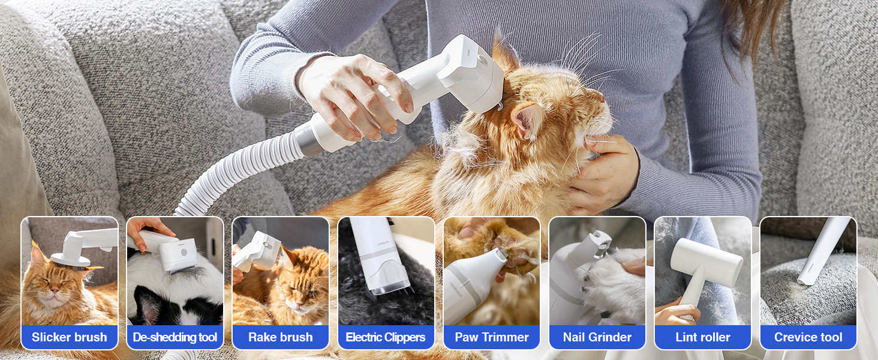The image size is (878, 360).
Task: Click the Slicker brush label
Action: click(70, 337)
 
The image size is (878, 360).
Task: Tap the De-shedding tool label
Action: click(175, 337)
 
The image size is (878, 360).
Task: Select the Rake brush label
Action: click(281, 337)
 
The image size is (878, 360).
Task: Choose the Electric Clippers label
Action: click(386, 337)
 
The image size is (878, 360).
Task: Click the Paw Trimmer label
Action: click(492, 337)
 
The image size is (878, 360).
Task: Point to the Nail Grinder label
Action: click(597, 337)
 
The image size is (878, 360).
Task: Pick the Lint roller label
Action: click(703, 337)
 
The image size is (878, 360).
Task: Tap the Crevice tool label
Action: click(808, 337)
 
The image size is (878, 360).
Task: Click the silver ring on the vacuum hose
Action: click(305, 139)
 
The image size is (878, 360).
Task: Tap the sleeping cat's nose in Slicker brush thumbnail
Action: click(55, 290)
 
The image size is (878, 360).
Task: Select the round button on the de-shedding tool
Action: click(184, 252)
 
